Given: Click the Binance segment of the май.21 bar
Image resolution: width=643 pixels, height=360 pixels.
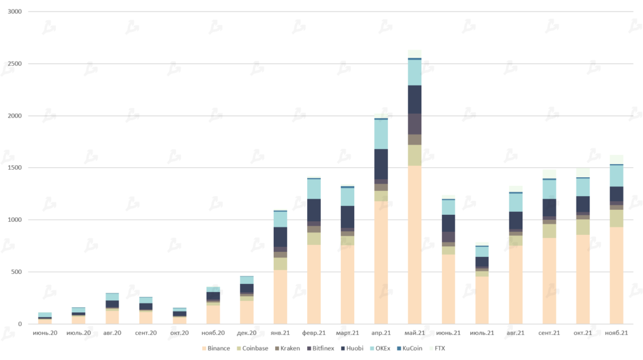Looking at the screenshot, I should [414, 245].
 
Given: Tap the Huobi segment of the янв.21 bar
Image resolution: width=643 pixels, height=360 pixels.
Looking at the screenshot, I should [279, 237].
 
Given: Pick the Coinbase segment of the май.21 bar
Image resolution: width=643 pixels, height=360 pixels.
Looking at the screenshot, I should [414, 155].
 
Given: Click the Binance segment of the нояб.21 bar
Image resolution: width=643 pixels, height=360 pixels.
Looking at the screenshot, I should [617, 275].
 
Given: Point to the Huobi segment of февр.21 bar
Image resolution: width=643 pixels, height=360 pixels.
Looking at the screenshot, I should [313, 210].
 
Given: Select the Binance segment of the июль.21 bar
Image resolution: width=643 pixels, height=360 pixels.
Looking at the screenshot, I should [482, 300].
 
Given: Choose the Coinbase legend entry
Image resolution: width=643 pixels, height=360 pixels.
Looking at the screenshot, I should [254, 348].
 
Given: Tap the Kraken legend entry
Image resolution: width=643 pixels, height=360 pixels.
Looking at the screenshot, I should [288, 348].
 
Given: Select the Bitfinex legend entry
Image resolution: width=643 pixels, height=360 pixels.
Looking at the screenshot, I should [321, 348].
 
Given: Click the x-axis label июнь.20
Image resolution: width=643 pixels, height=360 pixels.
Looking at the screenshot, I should [45, 332].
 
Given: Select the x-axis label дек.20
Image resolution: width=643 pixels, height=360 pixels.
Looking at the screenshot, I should [246, 332].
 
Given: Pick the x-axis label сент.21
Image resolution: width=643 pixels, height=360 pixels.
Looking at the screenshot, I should [549, 332].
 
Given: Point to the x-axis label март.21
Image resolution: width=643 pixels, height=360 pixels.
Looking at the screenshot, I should [347, 332].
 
